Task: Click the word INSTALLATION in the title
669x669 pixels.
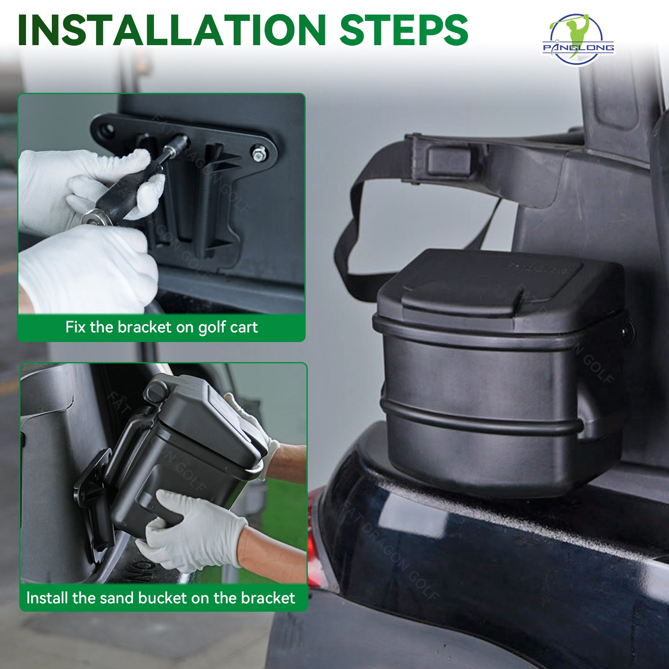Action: pos(171,30)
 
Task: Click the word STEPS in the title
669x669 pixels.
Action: pos(403,30)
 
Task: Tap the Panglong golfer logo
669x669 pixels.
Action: pos(579,40)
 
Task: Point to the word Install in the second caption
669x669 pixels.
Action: pos(47,598)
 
